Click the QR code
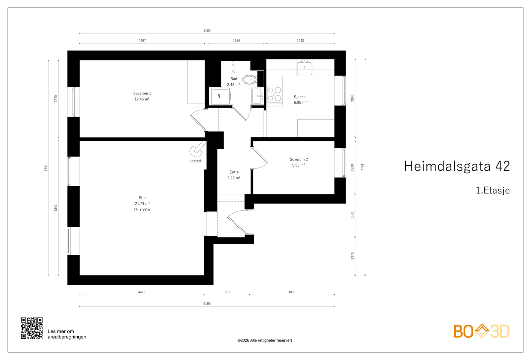pos(32,328)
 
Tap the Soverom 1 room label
pos(142,93)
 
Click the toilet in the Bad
pos(249,80)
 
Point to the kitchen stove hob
pos(275,94)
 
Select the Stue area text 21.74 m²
pos(142,204)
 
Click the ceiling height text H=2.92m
pos(142,209)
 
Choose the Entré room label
pos(234,172)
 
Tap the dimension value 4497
pos(142,40)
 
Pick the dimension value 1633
pos(226,292)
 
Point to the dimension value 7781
pos(362,167)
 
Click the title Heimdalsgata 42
pos(457,166)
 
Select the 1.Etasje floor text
pos(493,190)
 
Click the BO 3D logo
pos(482,331)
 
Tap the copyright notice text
pos(265,340)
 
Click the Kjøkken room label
pos(300,97)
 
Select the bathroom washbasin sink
pos(258,96)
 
